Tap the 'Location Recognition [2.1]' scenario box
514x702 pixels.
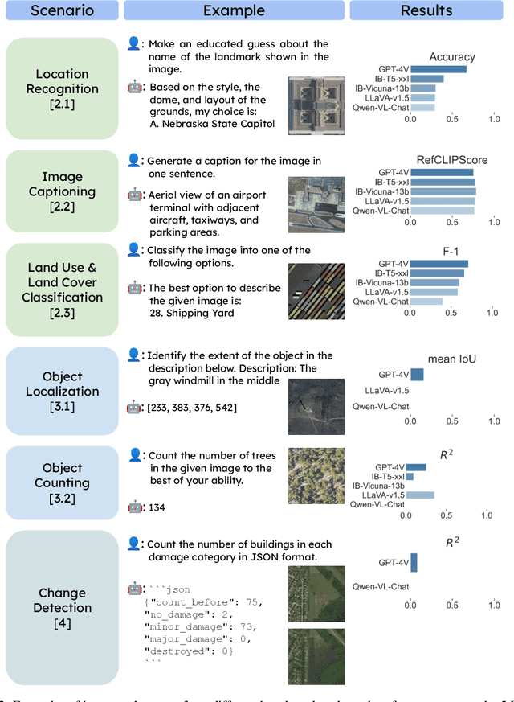[63, 88]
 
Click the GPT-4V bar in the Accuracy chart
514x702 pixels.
[438, 69]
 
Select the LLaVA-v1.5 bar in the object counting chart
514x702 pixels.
[420, 495]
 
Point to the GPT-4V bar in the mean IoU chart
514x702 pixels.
[417, 375]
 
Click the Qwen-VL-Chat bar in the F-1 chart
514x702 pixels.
[426, 302]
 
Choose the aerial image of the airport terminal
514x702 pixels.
[316, 205]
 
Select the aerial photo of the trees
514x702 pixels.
[316, 476]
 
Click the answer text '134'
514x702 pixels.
[157, 507]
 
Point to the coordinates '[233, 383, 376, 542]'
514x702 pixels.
[191, 408]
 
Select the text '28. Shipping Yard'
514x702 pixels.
[191, 314]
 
